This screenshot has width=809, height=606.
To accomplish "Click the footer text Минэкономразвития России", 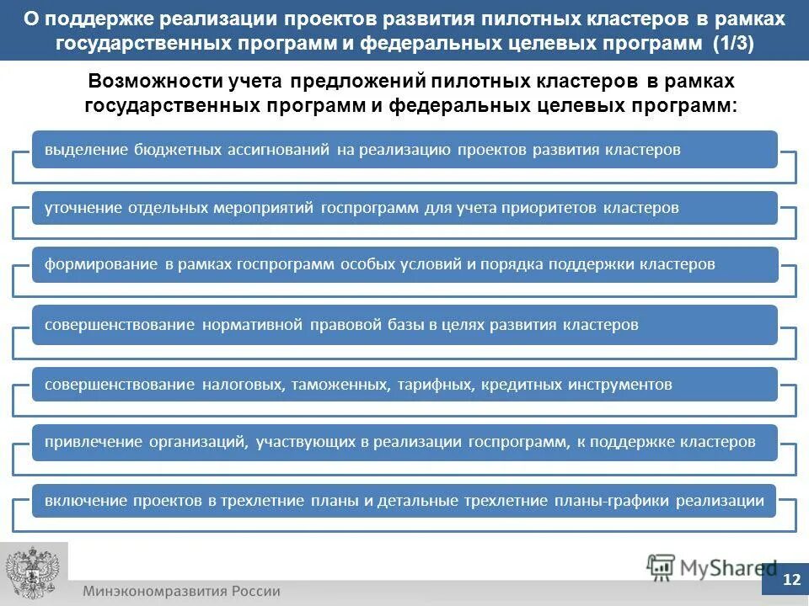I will click(x=181, y=591).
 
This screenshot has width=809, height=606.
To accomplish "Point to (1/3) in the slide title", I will click(x=732, y=44).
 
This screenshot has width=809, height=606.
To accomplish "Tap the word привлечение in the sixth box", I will click(x=93, y=441).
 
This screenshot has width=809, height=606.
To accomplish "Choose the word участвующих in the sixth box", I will click(x=302, y=441).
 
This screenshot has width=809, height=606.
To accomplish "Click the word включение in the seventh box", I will click(x=85, y=501).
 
